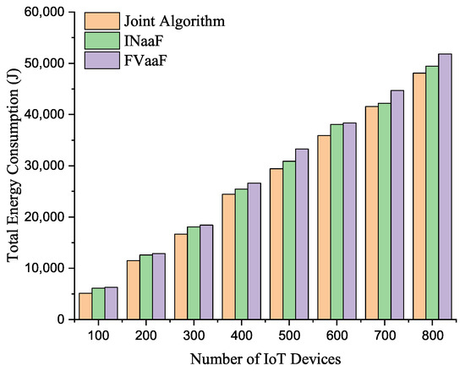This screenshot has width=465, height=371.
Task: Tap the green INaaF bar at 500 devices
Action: pos(289,240)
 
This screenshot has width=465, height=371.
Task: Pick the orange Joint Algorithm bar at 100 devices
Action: pos(86,306)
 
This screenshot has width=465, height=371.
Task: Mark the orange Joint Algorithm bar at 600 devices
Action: pos(324,227)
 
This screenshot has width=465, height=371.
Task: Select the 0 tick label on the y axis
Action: pos(62,319)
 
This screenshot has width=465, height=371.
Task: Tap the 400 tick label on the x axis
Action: pos(242,336)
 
